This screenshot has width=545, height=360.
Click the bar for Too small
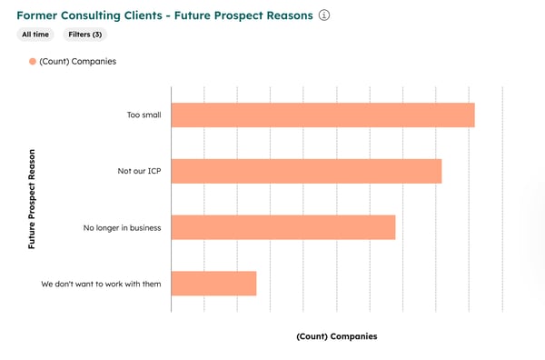pos(322,115)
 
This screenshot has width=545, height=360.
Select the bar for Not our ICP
pos(306,171)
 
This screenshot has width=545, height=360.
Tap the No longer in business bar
pos(282,227)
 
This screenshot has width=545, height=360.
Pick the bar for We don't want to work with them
pos(213,283)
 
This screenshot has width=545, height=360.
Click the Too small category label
pos(144,115)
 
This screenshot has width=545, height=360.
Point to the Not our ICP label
pos(134,171)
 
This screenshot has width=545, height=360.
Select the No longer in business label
pos(122,227)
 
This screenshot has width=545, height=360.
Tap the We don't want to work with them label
pos(101,284)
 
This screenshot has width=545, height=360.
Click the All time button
pos(36,35)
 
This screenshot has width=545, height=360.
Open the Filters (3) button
pos(84,35)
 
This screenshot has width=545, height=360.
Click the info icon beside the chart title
pos(324,15)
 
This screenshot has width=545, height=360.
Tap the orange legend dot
pos(32,61)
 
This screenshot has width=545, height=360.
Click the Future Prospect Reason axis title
pos(33,201)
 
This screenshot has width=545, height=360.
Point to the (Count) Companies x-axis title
pos(336,336)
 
